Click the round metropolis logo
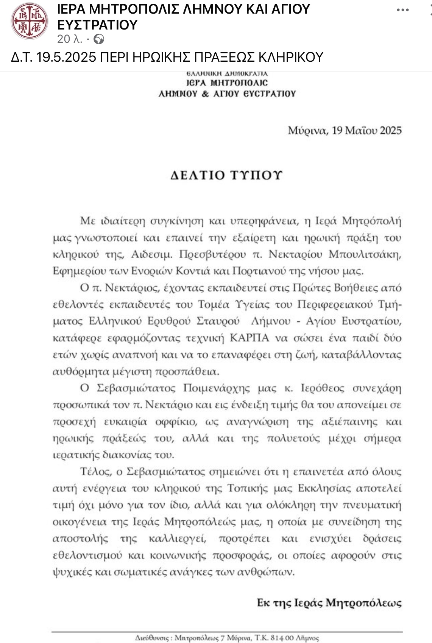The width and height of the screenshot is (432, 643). click(30, 21)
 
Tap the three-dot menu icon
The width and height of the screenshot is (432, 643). click(402, 10)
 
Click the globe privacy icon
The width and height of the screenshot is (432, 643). click(99, 39)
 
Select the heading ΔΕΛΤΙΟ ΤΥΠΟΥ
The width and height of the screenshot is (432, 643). click(226, 175)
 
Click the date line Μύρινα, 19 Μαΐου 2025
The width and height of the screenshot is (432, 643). click(345, 131)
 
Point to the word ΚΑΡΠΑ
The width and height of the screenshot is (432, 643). click(249, 338)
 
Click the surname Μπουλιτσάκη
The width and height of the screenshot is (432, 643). click(365, 254)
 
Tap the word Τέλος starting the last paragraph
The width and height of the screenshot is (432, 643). click(95, 472)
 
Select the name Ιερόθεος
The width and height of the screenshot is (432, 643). click(323, 388)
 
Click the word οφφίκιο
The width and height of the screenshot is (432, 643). click(176, 422)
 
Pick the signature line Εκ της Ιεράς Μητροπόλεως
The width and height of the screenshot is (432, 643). click(329, 603)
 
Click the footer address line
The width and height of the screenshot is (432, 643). click(227, 638)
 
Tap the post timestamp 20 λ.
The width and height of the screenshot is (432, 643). click(70, 39)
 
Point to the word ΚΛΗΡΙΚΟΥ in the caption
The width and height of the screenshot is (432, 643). click(291, 57)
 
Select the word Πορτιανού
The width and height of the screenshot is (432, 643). click(259, 271)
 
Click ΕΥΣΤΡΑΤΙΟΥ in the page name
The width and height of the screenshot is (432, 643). click(97, 25)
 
